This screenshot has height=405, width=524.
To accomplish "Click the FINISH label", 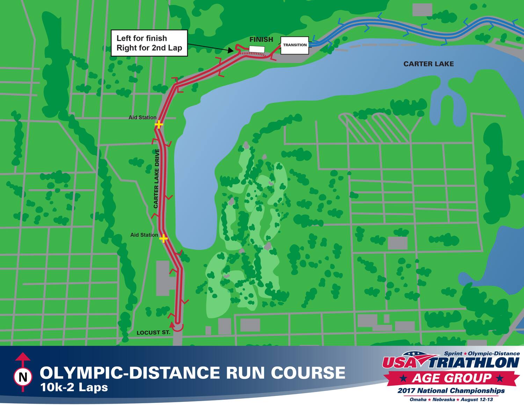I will [x=261, y=39].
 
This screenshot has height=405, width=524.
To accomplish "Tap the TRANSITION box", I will [x=294, y=45].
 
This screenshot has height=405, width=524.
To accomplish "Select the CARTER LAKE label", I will [x=428, y=64].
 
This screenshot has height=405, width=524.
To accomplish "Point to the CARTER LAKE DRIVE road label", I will [x=157, y=179].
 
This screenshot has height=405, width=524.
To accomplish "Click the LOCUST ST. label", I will [x=153, y=332].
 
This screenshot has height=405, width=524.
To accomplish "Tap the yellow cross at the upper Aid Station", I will [x=159, y=124].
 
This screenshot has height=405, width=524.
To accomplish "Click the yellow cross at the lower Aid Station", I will [x=163, y=238].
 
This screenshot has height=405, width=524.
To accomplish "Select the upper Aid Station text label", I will [x=142, y=117].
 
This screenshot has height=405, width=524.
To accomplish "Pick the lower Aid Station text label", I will [x=144, y=235].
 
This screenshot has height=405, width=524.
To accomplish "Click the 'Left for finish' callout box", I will [x=149, y=43].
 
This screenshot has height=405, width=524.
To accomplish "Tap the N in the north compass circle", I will [x=23, y=377].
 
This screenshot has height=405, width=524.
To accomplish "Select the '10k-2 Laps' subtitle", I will [x=74, y=388].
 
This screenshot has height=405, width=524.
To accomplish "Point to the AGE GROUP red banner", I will [x=452, y=378].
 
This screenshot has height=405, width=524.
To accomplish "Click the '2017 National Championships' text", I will [x=451, y=391].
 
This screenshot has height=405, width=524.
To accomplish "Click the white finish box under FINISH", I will [x=256, y=49].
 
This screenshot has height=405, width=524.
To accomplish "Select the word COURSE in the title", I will [x=308, y=373].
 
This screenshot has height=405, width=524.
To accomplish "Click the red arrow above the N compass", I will [x=23, y=357].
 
